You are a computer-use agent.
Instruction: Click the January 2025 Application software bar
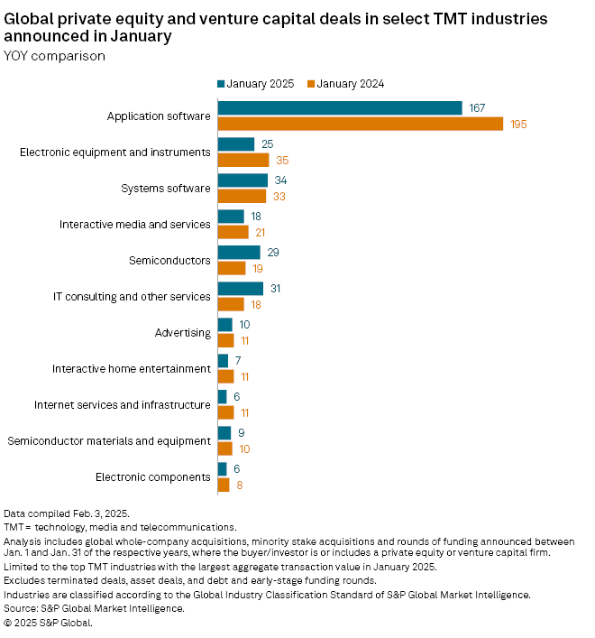click(x=340, y=108)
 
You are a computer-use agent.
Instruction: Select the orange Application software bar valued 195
click(x=361, y=124)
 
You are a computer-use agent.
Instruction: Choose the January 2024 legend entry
click(x=346, y=84)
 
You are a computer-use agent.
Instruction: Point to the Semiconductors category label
click(x=170, y=261)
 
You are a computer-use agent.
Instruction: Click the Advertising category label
click(x=183, y=332)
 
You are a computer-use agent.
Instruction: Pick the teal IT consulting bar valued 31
click(x=240, y=289)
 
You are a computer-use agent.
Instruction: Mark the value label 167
click(x=477, y=108)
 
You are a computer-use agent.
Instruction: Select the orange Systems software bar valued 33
click(x=242, y=196)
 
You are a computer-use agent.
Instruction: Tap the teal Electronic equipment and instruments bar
click(x=236, y=144)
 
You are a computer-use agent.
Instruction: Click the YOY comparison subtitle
click(x=55, y=56)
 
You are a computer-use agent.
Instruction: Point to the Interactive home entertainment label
click(x=132, y=368)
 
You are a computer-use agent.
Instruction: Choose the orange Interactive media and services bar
click(x=233, y=232)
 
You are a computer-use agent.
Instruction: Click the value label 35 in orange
click(x=283, y=160)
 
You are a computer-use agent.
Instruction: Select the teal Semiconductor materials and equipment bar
click(x=224, y=433)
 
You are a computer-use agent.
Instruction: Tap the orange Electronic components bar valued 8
click(x=224, y=485)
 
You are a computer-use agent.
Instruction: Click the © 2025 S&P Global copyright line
click(x=48, y=622)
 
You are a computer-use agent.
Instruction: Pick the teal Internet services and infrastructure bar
click(x=223, y=397)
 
